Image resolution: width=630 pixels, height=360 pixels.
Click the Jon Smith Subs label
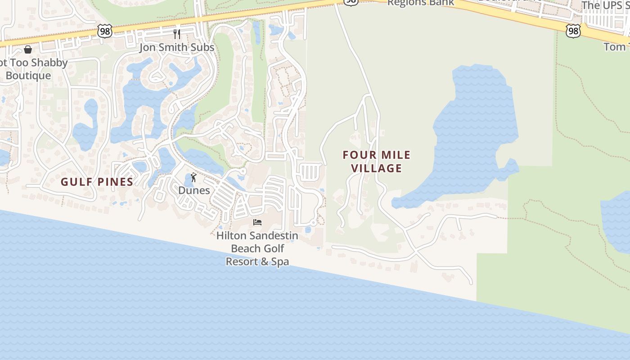(176, 47)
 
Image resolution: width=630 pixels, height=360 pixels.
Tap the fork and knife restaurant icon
(177, 34)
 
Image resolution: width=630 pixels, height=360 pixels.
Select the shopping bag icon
(28, 49)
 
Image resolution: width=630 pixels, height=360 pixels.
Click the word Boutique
(28, 75)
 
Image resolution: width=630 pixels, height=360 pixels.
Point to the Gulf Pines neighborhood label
(97, 182)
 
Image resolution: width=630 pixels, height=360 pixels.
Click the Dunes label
(194, 190)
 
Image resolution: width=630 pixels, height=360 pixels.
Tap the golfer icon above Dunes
(194, 177)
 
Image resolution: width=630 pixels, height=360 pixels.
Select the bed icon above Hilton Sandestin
(257, 222)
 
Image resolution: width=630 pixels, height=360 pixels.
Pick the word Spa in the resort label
(280, 261)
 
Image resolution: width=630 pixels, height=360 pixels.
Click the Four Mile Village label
(377, 162)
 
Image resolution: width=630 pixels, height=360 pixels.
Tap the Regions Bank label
(420, 3)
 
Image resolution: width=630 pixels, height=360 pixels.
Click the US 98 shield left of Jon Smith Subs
(104, 31)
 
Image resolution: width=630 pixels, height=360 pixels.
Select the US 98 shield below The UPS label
(573, 31)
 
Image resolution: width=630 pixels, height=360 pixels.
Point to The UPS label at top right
(605, 5)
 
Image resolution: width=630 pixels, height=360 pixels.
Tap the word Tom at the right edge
(615, 46)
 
